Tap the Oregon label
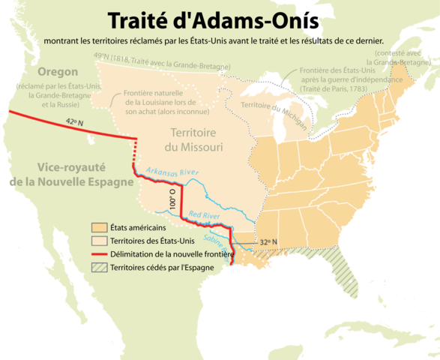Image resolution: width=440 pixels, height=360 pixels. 46,72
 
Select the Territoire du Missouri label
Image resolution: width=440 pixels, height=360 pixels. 194,139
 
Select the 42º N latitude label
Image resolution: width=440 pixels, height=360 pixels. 73,122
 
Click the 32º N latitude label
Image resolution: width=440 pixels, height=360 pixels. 268,242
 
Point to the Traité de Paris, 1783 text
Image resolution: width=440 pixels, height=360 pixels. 334,88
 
